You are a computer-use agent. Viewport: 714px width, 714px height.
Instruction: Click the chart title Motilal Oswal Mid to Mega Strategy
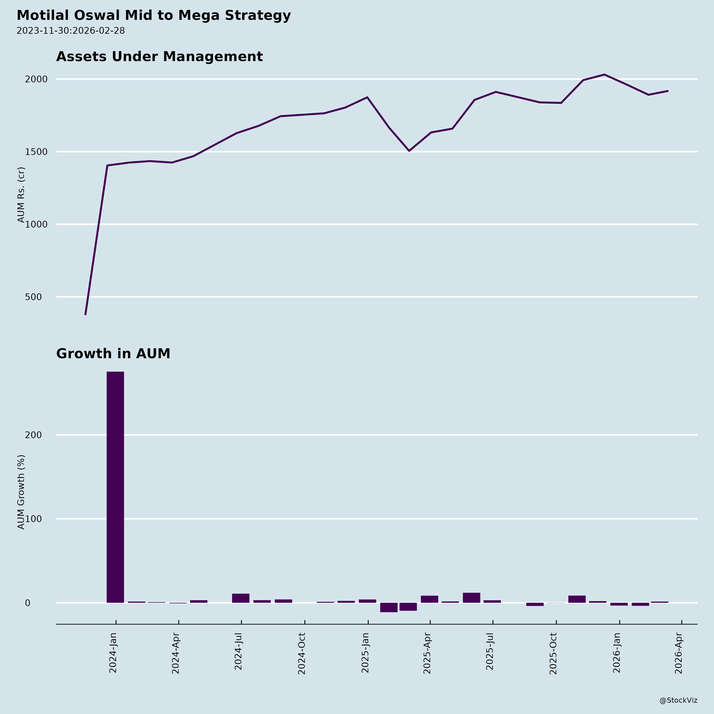154,15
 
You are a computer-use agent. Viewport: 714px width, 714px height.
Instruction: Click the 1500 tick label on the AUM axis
36,152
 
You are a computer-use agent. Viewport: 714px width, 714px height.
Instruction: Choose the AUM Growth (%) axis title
21,492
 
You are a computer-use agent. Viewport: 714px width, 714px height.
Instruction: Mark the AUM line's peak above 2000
604,75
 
